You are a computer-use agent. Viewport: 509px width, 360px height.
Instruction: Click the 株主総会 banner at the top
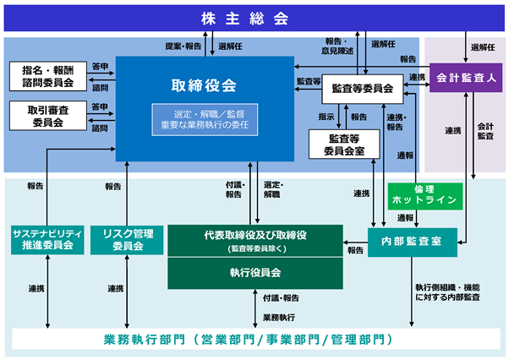254,18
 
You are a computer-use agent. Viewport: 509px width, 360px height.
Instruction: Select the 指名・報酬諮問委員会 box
48,76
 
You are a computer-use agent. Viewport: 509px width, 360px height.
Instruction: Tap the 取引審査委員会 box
48,116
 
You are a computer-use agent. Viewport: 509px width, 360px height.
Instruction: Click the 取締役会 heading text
204,85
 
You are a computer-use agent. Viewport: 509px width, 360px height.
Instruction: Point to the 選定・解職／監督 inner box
205,120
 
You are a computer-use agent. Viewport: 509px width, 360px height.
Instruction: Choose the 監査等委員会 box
363,89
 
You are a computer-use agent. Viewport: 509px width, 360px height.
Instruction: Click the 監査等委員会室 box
344,145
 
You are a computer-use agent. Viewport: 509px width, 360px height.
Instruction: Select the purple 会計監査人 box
466,78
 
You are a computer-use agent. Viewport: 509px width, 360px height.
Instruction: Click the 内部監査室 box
413,243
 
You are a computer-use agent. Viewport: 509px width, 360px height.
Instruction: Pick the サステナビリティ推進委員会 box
47,240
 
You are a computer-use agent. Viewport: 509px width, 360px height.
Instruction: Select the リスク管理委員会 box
127,240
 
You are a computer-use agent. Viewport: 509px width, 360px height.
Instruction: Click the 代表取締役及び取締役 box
255,241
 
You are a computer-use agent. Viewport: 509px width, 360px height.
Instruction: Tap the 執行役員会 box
255,273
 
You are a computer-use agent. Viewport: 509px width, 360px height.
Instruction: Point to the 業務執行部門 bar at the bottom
256,339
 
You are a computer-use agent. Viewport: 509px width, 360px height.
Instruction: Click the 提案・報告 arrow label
183,46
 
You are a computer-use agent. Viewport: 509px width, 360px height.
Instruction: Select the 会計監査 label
485,131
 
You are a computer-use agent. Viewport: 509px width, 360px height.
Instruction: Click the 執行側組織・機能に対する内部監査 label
447,292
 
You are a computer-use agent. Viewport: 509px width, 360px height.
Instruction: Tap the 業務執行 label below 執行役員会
279,318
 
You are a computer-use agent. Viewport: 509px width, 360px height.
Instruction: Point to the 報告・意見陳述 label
337,46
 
